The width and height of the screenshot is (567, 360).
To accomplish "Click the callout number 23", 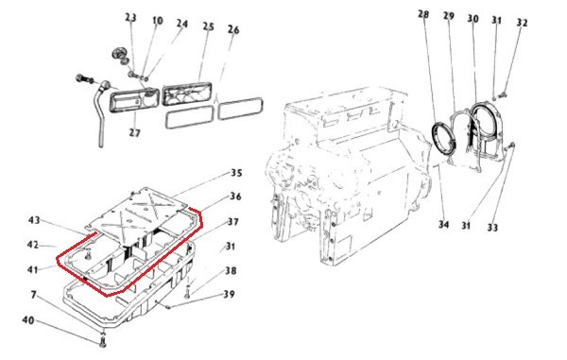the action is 131,18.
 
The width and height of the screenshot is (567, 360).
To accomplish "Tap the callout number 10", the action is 158,21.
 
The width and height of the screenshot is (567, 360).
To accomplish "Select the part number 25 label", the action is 208,26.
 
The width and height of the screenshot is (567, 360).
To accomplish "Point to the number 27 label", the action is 134,133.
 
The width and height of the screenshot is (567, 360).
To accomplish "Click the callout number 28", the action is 423,14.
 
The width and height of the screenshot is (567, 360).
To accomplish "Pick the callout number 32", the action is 522,23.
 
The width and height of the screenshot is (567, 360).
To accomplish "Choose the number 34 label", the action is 444,225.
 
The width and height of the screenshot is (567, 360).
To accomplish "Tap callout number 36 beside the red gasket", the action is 235,197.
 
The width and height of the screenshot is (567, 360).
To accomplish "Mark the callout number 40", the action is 28,320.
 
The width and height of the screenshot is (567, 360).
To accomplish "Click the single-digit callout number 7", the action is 34,296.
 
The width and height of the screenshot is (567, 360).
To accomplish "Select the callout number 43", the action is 34,220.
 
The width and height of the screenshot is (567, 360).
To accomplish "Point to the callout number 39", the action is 229,294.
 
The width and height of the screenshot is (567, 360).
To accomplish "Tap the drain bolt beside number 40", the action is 103,341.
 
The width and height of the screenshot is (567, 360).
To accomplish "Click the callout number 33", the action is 492,228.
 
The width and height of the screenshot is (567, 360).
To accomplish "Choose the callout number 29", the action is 448,16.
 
